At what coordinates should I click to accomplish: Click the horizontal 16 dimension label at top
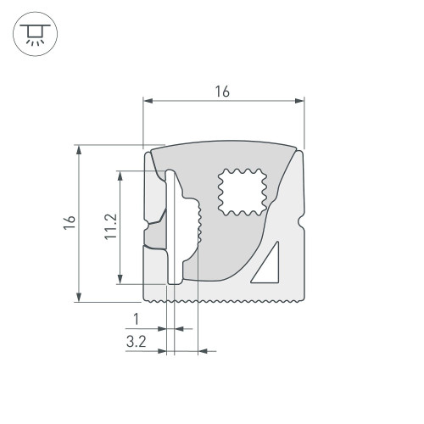click(222, 92)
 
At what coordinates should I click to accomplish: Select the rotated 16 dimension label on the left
click(70, 222)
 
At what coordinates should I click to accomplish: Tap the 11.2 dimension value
click(110, 227)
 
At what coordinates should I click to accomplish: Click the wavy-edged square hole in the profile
click(242, 191)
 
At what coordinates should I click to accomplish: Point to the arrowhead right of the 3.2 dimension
click(203, 350)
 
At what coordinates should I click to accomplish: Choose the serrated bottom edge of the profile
click(225, 300)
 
